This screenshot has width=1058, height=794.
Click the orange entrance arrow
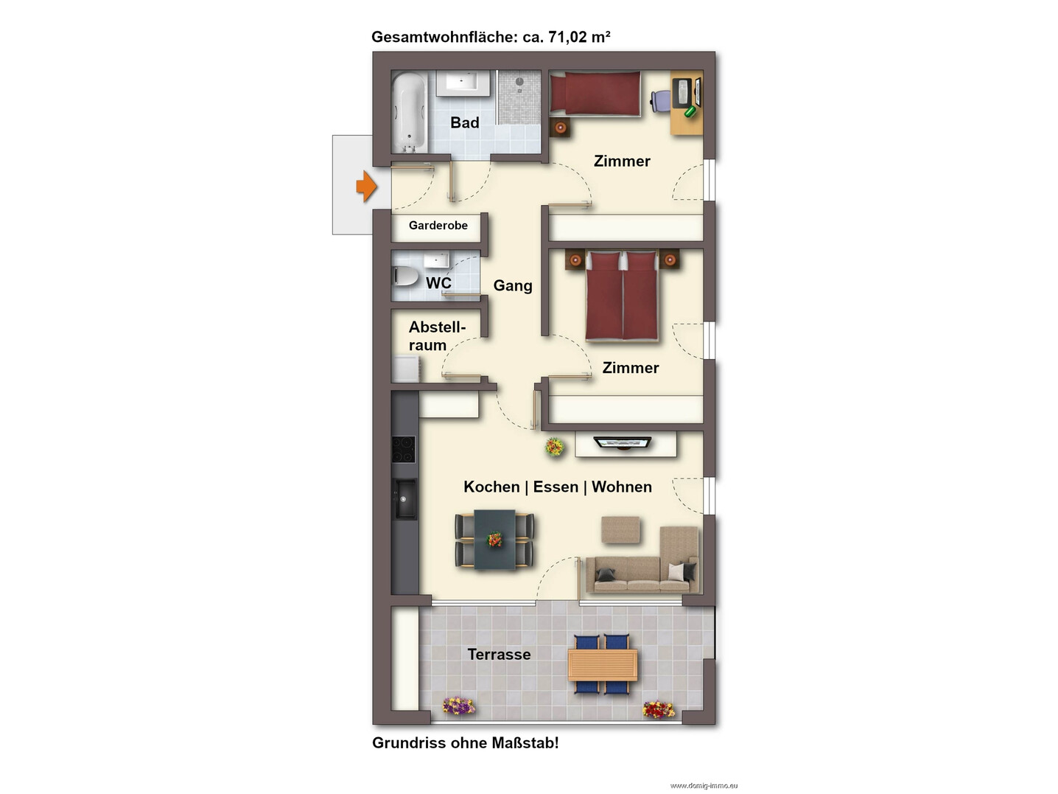(366, 186)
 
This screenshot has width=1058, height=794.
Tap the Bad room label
(465, 122)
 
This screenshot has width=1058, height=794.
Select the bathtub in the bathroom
(409, 111)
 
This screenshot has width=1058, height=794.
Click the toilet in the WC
(406, 276)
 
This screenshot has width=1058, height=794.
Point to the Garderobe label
(438, 225)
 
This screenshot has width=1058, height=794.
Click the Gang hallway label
(513, 285)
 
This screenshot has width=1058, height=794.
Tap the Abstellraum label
(437, 336)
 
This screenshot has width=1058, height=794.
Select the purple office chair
(661, 101)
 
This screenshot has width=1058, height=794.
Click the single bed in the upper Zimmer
(595, 94)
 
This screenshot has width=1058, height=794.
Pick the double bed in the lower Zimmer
(623, 296)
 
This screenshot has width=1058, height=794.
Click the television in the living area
(623, 442)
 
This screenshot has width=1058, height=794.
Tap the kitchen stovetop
(404, 449)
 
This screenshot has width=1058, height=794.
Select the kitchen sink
(405, 498)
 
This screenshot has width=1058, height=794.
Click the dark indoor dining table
(494, 539)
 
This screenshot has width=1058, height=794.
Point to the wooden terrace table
(603, 665)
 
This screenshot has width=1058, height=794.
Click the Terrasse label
(499, 654)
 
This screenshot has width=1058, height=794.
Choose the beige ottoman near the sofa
(621, 529)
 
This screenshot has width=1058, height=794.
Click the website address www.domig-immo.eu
(704, 785)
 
